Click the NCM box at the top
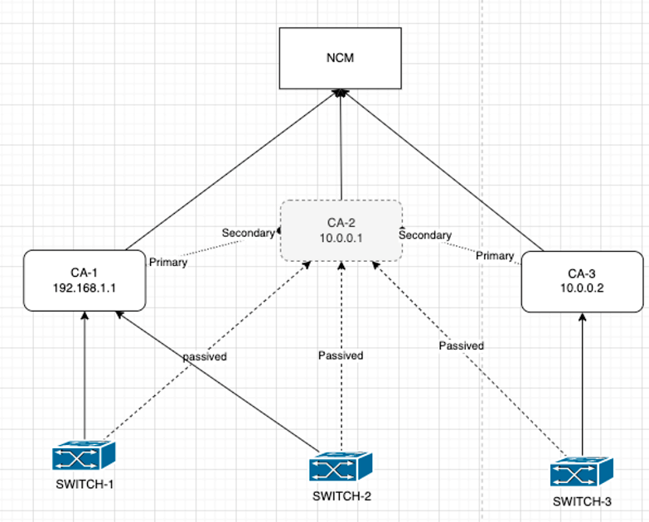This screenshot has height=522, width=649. pyautogui.click(x=340, y=58)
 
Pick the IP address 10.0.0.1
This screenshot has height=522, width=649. pyautogui.click(x=341, y=238)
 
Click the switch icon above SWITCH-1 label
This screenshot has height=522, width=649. pyautogui.click(x=83, y=457)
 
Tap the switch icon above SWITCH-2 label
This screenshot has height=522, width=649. pyautogui.click(x=341, y=466)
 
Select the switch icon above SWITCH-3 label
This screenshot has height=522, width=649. pyautogui.click(x=583, y=472)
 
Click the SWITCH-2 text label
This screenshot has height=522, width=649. pyautogui.click(x=341, y=497)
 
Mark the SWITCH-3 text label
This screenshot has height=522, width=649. pyautogui.click(x=583, y=501)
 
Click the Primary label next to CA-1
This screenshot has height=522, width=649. pyautogui.click(x=167, y=262)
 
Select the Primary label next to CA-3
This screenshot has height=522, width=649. pyautogui.click(x=495, y=256)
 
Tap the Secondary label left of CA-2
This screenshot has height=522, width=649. pyautogui.click(x=247, y=233)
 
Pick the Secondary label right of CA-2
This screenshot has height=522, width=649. pyautogui.click(x=425, y=235)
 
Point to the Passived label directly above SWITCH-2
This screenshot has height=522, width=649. pyautogui.click(x=341, y=355)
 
